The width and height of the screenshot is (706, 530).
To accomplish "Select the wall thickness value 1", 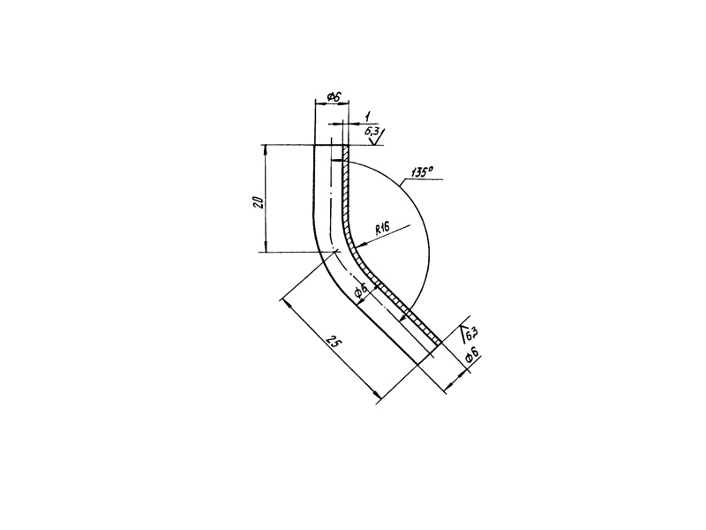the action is point(367,117).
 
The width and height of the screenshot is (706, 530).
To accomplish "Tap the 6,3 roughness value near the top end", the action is point(372,132).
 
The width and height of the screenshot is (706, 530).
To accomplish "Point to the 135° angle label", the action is point(422,172).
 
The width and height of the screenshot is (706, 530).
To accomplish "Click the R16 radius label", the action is point(382,229).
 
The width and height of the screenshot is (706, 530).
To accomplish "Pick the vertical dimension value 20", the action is point(258,201).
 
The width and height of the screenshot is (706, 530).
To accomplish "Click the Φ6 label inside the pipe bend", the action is point(361,292).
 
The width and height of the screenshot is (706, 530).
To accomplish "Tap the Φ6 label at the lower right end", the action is point(471,355).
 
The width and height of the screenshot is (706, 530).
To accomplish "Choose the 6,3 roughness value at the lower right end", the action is point(471,335).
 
